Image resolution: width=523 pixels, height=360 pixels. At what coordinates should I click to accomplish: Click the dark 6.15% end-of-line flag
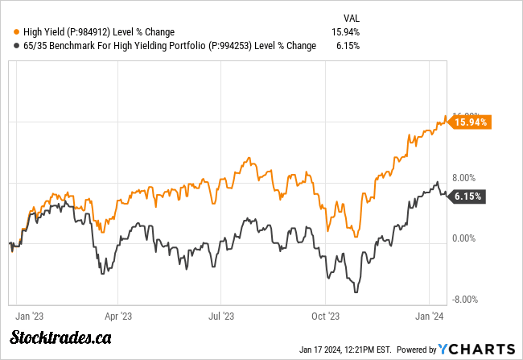[468, 196]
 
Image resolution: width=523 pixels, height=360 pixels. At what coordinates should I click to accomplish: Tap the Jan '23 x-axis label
[29, 317]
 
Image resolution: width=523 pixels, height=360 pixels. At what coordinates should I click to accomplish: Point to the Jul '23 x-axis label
[220, 317]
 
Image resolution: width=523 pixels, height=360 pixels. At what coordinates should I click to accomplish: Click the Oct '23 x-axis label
[324, 317]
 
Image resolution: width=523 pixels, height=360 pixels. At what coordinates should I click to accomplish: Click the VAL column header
[351, 16]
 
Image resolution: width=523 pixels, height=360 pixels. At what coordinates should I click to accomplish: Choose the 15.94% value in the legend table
[345, 31]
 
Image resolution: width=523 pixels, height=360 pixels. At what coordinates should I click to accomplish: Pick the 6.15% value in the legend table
[348, 46]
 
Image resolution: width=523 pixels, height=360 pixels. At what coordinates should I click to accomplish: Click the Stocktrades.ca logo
[61, 338]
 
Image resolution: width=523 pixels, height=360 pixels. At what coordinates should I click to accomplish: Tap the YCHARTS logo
[476, 349]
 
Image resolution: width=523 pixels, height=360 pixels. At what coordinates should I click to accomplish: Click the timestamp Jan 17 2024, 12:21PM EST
[344, 349]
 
